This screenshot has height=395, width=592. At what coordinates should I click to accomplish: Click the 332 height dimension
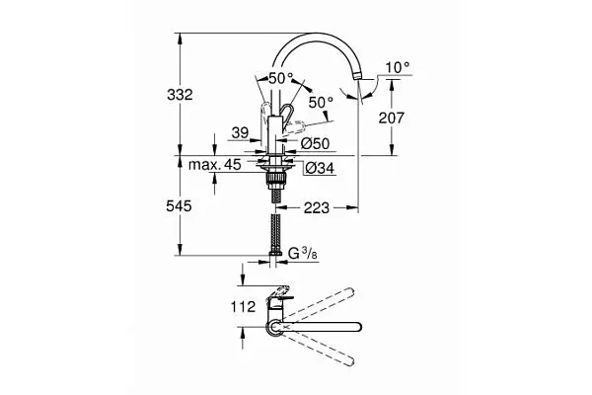click(x=180, y=95)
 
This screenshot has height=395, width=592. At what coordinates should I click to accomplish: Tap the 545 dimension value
click(x=179, y=206)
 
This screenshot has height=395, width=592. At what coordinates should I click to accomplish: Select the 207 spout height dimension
click(x=392, y=118)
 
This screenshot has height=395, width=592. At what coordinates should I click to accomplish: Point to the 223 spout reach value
click(x=317, y=207)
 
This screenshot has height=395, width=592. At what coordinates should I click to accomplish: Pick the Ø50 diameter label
click(x=316, y=143)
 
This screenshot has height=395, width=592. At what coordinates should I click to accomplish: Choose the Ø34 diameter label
click(x=320, y=168)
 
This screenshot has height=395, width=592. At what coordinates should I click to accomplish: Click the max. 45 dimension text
click(x=214, y=165)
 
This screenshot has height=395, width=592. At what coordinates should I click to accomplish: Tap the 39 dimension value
click(x=240, y=132)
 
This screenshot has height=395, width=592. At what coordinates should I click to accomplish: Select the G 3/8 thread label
click(x=303, y=253)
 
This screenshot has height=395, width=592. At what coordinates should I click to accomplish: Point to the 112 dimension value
click(x=243, y=306)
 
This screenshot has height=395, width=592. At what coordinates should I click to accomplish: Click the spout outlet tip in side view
click(x=357, y=77)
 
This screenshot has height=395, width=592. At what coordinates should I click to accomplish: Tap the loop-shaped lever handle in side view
click(x=287, y=114)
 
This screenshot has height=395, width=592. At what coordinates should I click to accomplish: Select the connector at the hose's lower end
click(x=275, y=253)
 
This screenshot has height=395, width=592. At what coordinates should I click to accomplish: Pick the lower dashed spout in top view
click(x=319, y=349)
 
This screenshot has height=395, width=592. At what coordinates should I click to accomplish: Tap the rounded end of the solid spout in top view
click(x=358, y=327)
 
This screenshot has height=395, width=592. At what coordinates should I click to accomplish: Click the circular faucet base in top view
click(x=274, y=327)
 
